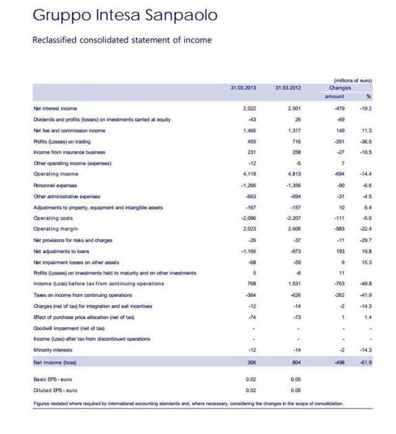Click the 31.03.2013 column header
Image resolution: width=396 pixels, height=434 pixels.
[243, 87]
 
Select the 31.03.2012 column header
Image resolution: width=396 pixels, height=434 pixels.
[288, 87]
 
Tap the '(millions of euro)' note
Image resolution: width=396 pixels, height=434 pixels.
[352, 80]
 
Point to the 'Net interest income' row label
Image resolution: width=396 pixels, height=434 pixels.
[55, 109]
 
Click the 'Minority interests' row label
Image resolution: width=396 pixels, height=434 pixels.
[53, 349]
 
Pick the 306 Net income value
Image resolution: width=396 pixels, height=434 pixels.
[251, 362]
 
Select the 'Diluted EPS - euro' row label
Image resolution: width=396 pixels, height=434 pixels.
[56, 390]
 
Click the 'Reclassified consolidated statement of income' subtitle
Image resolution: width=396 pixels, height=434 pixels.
[121, 40]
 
